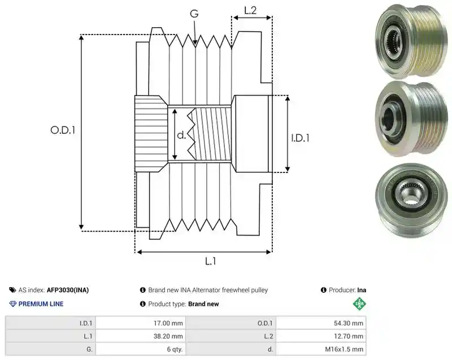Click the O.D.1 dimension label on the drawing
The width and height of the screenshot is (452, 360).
click(63, 131)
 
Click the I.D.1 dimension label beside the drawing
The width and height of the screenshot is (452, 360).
click(300, 138)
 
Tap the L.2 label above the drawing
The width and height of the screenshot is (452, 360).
click(250, 11)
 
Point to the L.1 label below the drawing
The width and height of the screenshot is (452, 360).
click(210, 261)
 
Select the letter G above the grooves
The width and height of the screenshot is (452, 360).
click(194, 13)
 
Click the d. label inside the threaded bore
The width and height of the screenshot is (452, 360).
click(181, 135)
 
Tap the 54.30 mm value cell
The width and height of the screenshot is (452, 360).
click(321, 323)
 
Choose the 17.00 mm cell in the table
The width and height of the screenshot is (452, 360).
click(140, 323)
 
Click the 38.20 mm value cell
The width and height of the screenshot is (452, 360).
click(140, 336)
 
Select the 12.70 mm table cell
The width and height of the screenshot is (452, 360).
click(321, 336)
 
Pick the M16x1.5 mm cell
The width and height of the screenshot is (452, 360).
click(321, 349)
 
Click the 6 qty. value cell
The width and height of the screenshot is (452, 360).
click(140, 349)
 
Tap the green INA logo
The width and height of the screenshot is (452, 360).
click(359, 303)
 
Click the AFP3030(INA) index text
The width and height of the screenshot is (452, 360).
click(68, 290)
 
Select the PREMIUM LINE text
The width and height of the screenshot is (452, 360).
click(41, 304)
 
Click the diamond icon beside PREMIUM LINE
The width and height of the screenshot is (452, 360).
click(13, 304)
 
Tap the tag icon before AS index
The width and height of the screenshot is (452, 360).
click(12, 290)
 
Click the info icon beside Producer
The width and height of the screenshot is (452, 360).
click(323, 290)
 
